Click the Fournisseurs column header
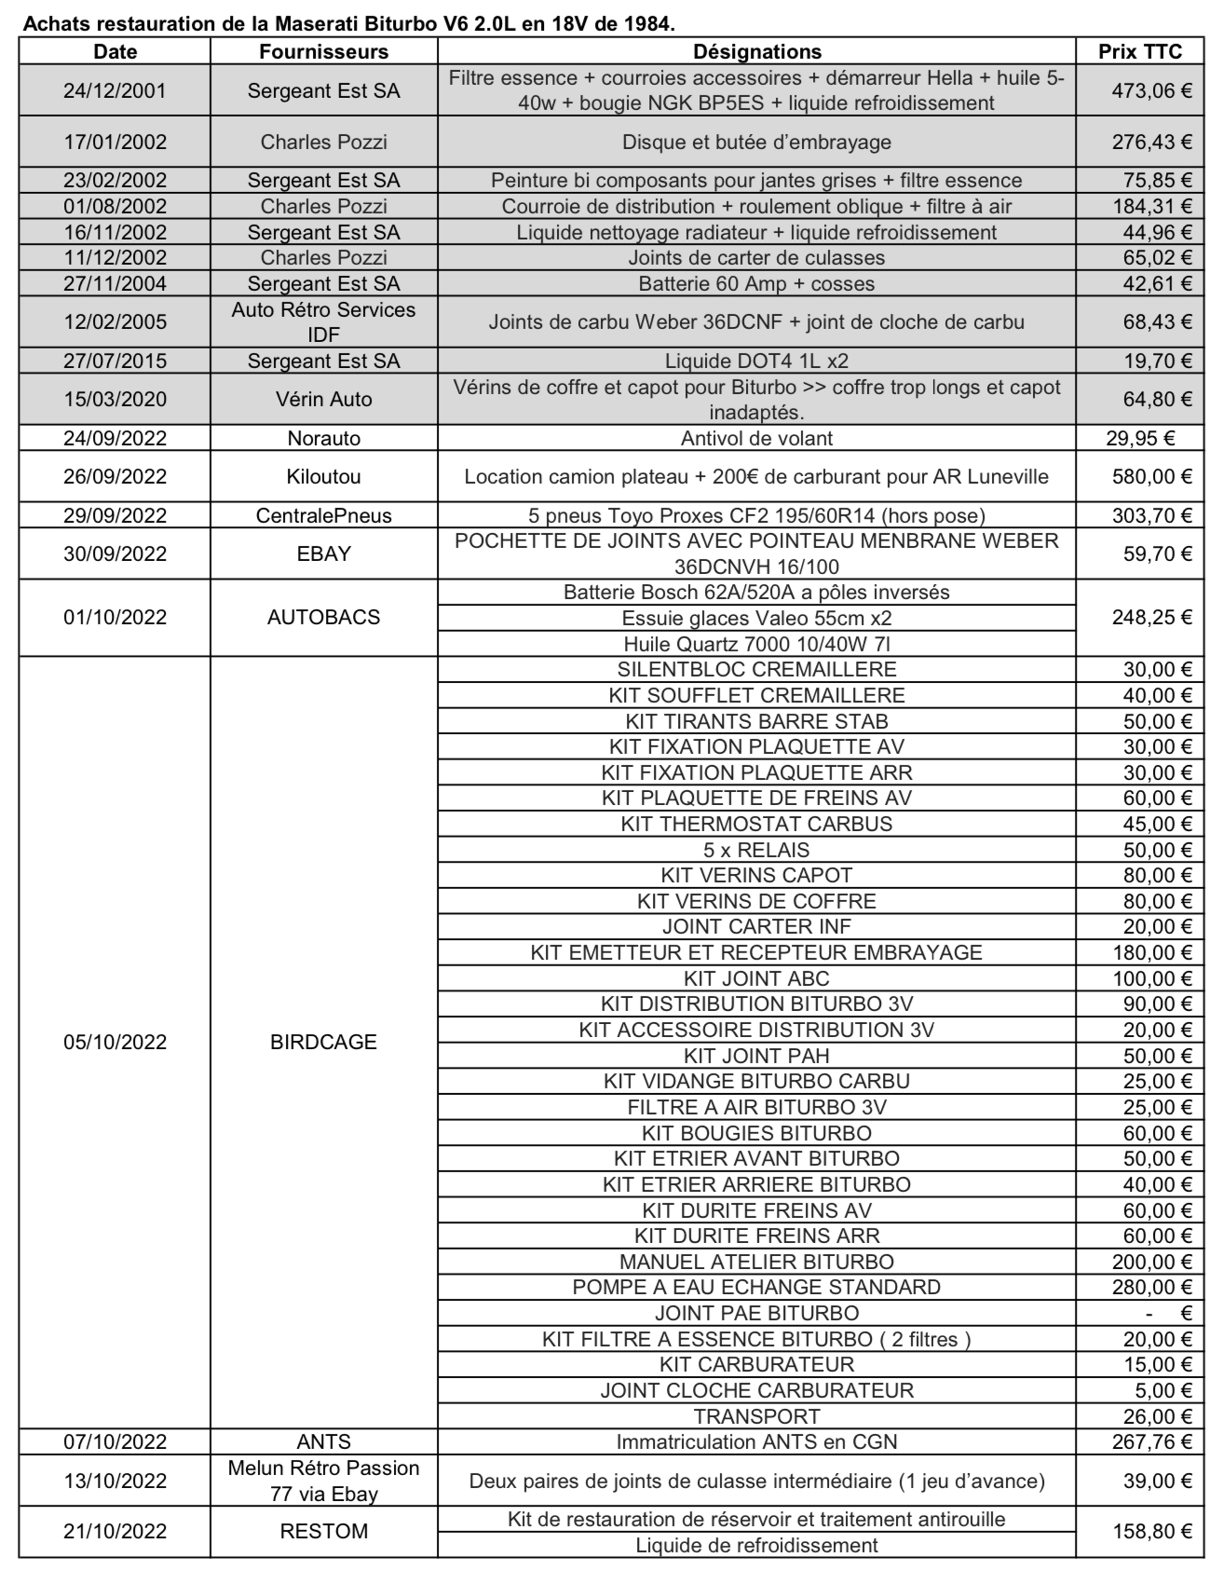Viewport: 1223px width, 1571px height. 323,51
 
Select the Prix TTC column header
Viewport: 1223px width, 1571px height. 1140,51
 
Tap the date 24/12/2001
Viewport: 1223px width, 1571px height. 115,90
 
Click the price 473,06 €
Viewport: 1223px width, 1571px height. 1151,90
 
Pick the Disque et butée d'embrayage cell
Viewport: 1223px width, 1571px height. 756,142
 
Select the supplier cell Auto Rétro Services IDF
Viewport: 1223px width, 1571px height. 323,321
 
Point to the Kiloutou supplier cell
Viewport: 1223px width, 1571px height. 323,476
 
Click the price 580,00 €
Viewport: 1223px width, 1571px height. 1151,476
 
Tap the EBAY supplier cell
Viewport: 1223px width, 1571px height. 323,553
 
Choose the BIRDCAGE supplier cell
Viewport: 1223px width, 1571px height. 323,1042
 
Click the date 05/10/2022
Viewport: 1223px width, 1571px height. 115,1042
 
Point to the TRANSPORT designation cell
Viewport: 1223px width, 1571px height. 756,1416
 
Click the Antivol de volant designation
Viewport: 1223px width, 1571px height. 756,438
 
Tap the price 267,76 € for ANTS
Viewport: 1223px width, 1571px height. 1151,1441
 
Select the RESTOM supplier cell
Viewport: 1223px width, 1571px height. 323,1531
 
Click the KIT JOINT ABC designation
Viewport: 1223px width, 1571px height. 756,978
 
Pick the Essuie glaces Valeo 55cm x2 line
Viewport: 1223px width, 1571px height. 756,618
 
